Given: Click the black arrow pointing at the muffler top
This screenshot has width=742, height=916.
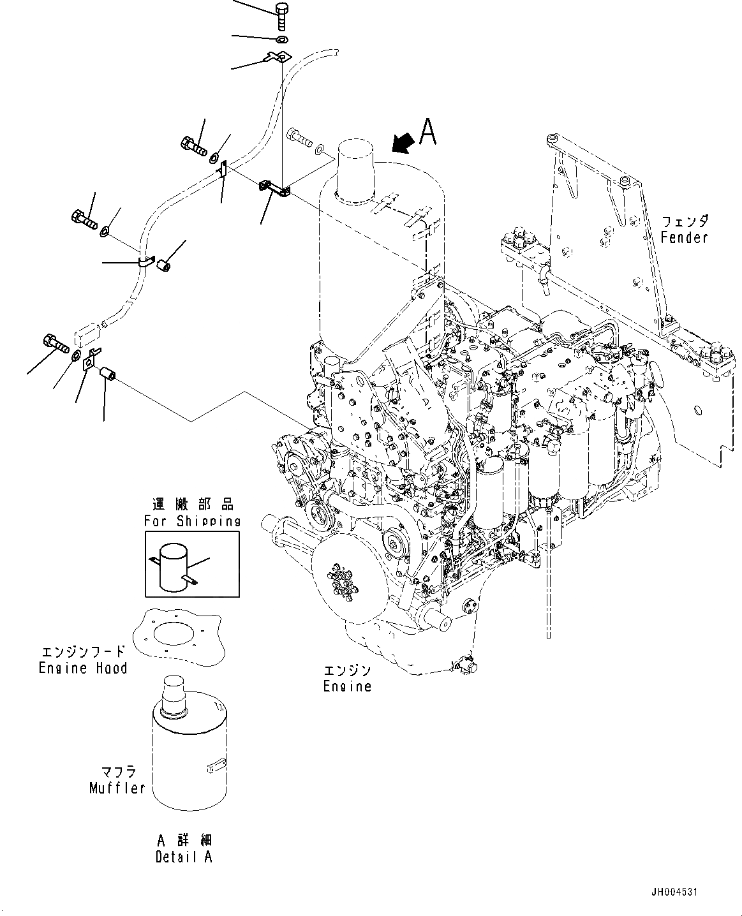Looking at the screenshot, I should click(401, 143).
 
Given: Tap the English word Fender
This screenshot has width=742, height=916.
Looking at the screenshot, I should click(684, 237).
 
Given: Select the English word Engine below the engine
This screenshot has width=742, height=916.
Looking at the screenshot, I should click(346, 686).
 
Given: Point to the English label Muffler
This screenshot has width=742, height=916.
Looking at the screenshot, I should click(117, 788).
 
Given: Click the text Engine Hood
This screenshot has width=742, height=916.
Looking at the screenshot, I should click(83, 668).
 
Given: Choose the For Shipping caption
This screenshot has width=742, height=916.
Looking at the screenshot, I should click(191, 521).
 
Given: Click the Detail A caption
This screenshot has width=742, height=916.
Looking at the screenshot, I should click(184, 857).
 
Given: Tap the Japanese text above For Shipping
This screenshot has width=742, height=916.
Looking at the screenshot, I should click(192, 505).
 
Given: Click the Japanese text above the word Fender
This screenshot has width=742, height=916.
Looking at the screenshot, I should click(684, 222).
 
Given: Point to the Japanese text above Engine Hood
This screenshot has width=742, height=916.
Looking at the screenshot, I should click(83, 653).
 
